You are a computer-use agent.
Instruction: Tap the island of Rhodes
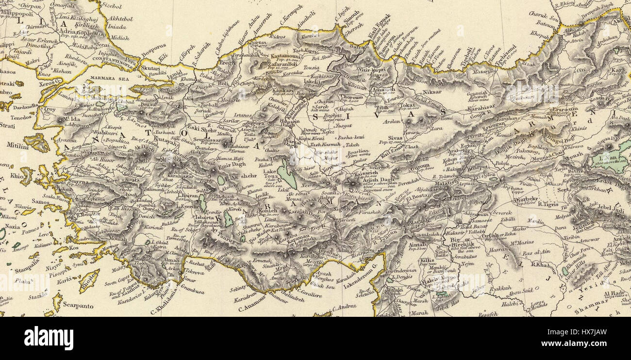click(89, 280)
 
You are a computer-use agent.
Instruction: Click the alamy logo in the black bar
click(49, 338)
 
